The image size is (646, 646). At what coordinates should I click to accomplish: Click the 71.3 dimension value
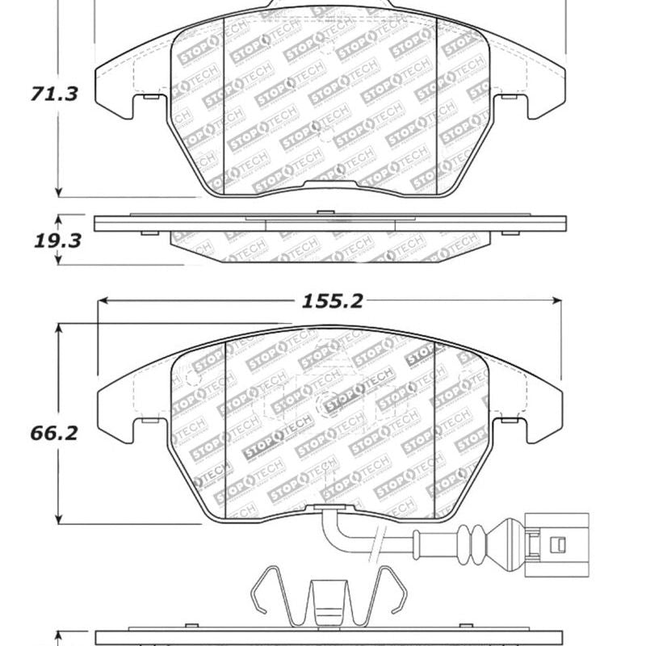pos(56,94)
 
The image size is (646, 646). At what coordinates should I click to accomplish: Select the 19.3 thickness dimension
pos(56,240)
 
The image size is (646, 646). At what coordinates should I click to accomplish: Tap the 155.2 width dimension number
pos(333,301)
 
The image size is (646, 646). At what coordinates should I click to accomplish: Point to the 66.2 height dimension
pos(56,434)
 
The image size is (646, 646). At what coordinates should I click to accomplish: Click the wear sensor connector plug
pos(556,544)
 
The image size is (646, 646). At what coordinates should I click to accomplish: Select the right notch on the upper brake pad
pos(510,98)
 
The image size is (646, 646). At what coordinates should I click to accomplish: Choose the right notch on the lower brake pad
pos(511,422)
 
